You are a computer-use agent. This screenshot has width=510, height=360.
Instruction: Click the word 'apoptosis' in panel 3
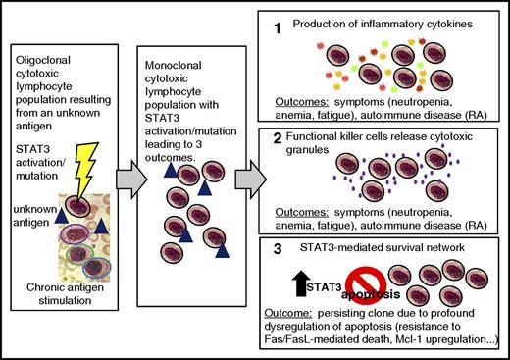(359, 293)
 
